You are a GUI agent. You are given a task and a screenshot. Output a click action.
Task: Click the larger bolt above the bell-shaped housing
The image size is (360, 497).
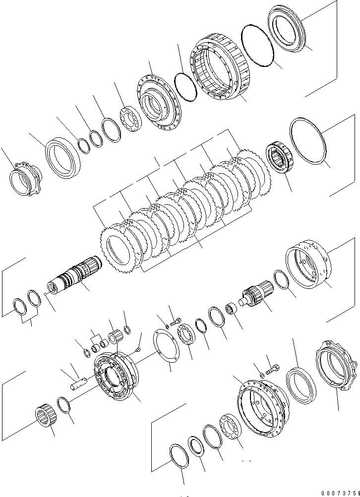pos(272,369)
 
